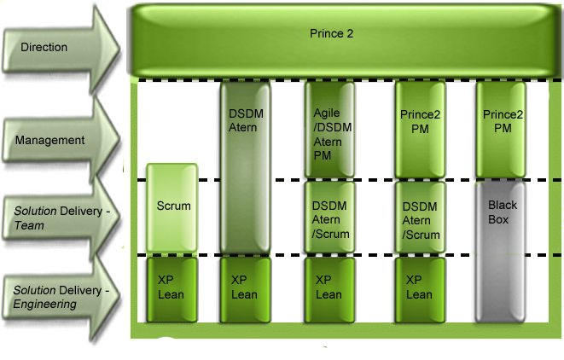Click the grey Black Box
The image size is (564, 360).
[503, 252]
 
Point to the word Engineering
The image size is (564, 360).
[44, 304]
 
